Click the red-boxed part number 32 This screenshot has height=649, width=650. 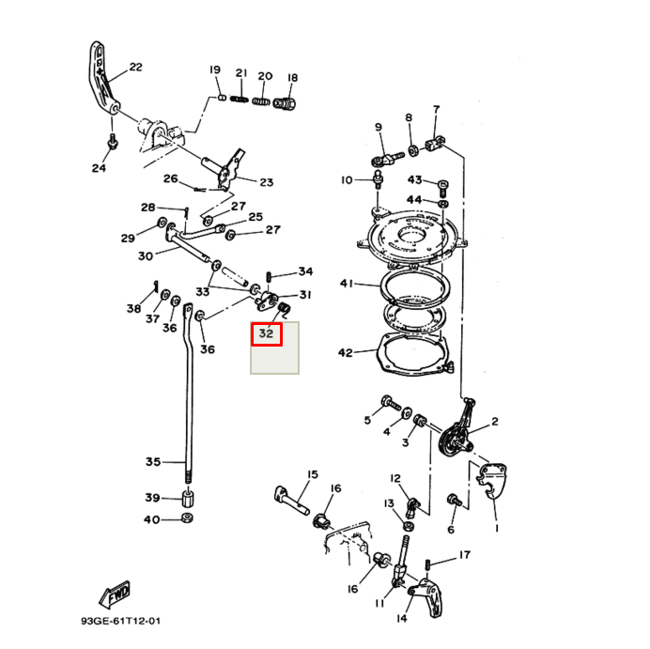point(266,333)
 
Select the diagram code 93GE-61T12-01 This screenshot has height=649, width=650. point(120,621)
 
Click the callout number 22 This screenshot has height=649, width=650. point(135,67)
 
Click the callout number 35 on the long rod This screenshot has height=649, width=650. point(152,461)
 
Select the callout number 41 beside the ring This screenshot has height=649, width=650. point(346,283)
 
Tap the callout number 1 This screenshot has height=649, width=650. point(496,528)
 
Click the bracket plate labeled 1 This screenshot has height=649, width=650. point(492,476)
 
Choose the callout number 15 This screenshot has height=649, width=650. point(313,474)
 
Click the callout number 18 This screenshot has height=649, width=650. point(292,77)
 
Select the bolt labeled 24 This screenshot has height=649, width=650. point(113,142)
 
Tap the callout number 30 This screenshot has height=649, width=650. point(145,255)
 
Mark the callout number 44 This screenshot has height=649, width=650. point(414,199)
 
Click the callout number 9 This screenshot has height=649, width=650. point(379,127)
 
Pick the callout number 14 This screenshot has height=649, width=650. point(402,618)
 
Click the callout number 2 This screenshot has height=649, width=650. point(494,422)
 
